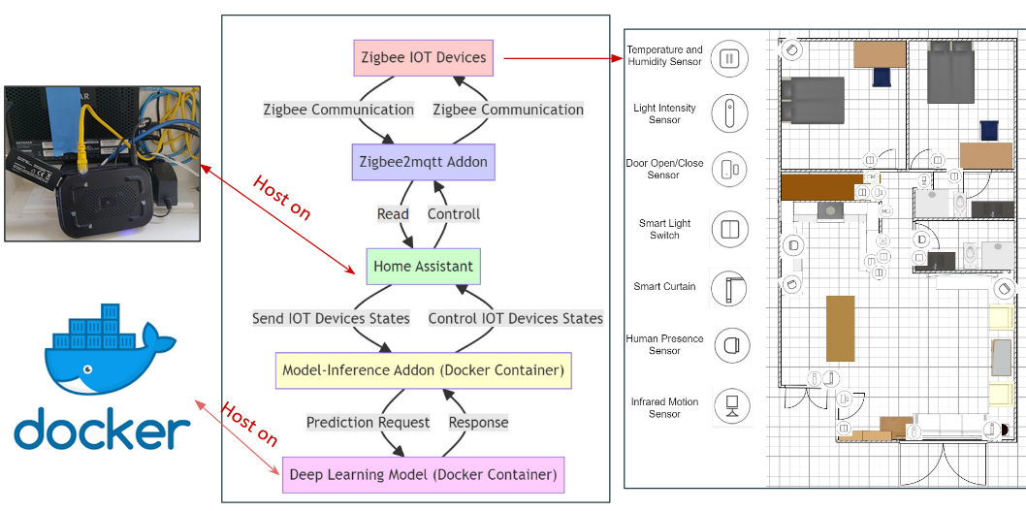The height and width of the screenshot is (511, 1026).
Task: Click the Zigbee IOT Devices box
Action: point(423,57)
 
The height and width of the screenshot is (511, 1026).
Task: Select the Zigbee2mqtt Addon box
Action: point(423,162)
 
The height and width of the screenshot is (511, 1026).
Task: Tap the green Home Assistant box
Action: point(423,267)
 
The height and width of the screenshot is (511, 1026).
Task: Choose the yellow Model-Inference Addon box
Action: point(423,370)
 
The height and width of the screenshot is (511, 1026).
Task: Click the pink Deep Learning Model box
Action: point(423,475)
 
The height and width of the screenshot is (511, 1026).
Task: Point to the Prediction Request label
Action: point(368,423)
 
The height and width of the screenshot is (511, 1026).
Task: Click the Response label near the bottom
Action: point(478,423)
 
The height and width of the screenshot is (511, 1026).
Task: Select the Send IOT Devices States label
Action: point(331,318)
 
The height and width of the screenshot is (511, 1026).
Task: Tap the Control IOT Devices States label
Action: point(516,318)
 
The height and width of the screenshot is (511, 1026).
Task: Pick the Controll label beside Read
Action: point(454,213)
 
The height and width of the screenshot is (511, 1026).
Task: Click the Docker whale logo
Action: point(109,349)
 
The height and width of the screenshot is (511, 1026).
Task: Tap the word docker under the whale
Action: point(102,430)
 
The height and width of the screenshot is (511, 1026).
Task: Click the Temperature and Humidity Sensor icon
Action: point(729,58)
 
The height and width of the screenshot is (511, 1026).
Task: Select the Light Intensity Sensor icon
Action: point(729,113)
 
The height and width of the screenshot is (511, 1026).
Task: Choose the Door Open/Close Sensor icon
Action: point(729,170)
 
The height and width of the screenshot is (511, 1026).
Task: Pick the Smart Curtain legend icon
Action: point(729,288)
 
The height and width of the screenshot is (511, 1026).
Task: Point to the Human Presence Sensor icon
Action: point(729,344)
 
